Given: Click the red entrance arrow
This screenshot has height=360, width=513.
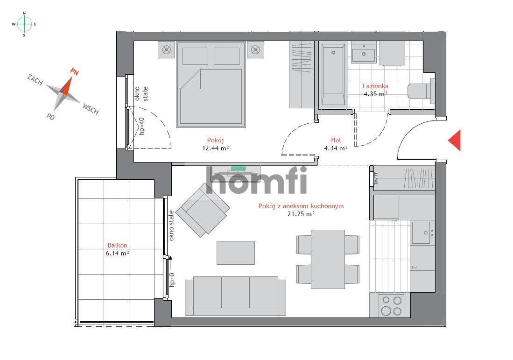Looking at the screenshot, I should [455, 140].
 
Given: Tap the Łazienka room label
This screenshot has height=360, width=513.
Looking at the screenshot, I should [375, 86].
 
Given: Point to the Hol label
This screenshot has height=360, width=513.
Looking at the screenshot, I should [336, 140].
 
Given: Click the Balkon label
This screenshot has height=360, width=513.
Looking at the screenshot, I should [117, 245].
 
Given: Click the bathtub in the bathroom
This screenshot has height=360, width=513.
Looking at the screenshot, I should [333, 75].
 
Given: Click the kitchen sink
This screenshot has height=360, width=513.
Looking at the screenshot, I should [421, 232].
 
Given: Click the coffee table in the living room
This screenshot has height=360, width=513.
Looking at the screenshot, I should [236, 253].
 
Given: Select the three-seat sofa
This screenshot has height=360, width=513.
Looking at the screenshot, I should [235, 295].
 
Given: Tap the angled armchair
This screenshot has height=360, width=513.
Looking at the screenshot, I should [203, 210].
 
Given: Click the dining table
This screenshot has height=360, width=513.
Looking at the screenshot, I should [328, 259].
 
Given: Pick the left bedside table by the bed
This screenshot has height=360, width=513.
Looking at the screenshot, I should [166, 50].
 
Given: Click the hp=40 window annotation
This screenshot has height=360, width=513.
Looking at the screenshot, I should [142, 126].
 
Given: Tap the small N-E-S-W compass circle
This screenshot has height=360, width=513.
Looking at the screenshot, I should [25, 23].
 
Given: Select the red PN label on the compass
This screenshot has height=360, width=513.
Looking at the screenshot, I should [74, 71].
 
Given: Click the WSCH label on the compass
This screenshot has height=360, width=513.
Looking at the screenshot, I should [91, 109].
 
